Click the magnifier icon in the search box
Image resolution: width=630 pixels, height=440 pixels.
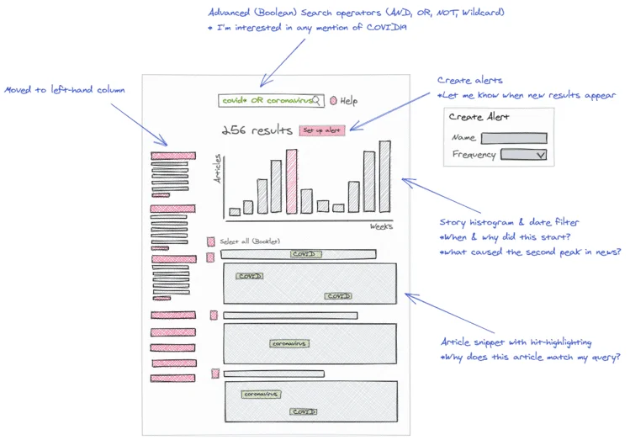(317, 100)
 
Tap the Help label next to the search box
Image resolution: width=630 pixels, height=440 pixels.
(348, 101)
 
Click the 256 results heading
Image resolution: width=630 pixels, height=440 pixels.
(257, 130)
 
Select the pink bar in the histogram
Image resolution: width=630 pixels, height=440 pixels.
(291, 181)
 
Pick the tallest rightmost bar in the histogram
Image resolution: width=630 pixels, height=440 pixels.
(384, 176)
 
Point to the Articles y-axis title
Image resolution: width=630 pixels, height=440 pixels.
(217, 169)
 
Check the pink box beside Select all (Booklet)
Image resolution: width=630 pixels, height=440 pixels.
(211, 241)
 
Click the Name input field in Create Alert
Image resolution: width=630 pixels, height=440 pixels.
(513, 138)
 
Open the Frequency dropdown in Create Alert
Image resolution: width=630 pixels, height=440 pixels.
(523, 155)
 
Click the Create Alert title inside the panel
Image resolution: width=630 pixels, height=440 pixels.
(479, 117)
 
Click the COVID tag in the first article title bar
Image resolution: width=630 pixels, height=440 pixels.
(304, 254)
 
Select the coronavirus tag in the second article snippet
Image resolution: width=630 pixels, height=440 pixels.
(289, 343)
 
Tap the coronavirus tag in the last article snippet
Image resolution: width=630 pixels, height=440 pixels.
(261, 394)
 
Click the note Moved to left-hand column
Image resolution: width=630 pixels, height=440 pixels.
(65, 90)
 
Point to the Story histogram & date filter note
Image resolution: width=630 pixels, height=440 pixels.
(509, 222)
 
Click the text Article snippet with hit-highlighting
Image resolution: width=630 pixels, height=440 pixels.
(516, 342)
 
